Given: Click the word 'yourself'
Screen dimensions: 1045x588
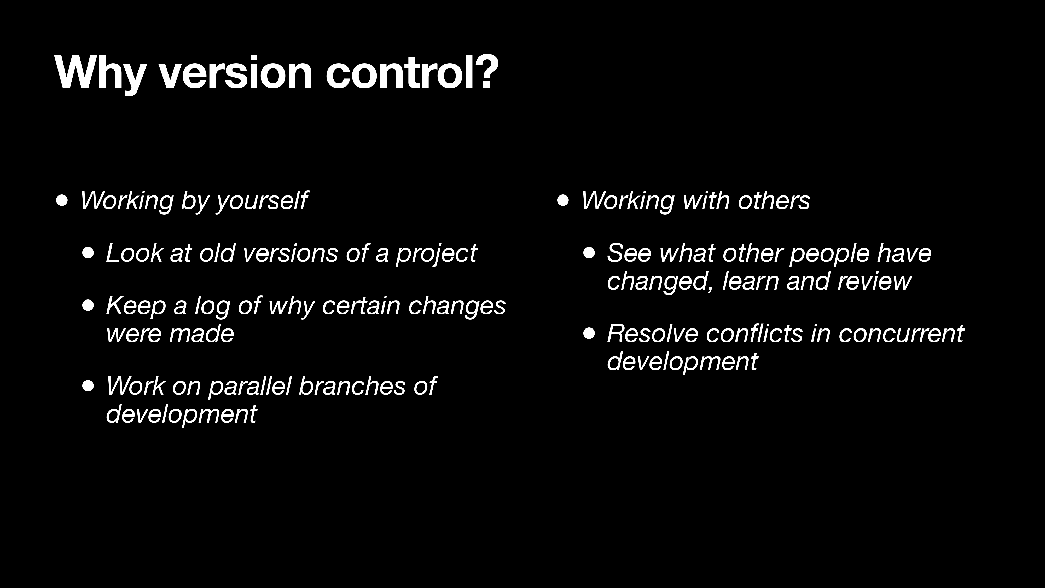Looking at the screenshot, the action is point(262,201).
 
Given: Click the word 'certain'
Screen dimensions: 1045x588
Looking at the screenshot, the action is point(361,305).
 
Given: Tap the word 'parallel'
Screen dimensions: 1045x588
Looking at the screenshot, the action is point(250,386).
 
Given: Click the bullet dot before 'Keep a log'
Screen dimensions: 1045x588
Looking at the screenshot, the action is point(88,305).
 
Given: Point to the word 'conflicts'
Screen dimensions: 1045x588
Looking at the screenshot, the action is point(754,333).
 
